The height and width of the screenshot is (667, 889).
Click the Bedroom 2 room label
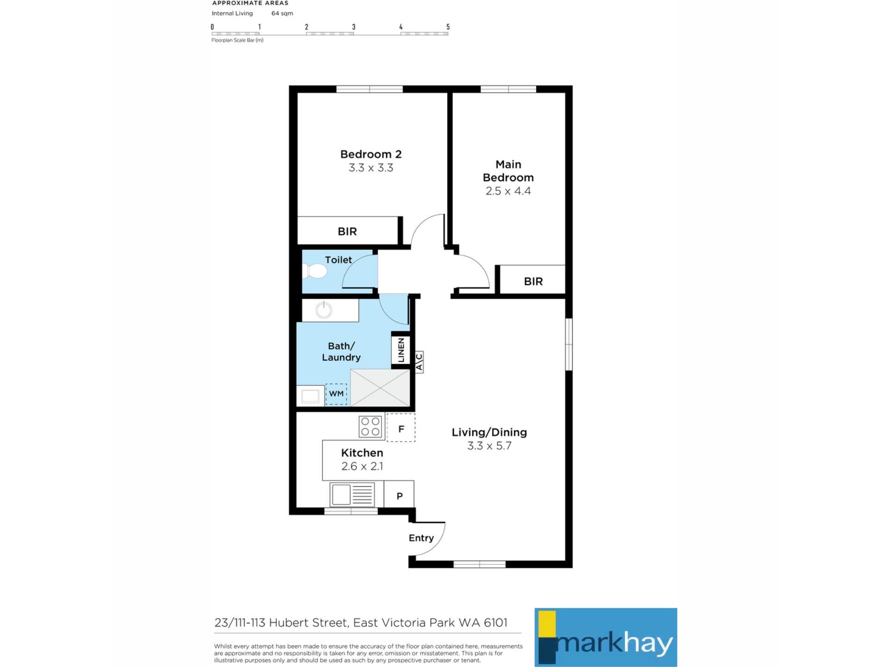tap(371, 154)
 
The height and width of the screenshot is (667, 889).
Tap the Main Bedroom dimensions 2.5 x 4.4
tap(508, 191)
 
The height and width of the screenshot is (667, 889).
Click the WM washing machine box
tap(336, 394)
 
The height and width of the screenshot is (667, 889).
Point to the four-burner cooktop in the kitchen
tap(370, 427)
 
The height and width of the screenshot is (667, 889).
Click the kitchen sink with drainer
tap(352, 495)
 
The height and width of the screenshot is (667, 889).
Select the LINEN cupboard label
tap(401, 350)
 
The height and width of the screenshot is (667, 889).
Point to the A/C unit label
tap(419, 362)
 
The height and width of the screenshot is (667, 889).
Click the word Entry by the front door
tap(421, 538)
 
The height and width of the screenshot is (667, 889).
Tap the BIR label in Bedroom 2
tap(347, 232)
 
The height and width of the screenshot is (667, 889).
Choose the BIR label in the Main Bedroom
tap(533, 281)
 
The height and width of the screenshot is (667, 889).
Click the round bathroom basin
tap(324, 310)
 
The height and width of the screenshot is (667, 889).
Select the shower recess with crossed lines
tap(380, 388)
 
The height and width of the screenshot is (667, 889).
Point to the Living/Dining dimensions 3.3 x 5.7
tap(489, 446)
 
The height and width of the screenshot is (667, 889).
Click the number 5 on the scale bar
tap(448, 27)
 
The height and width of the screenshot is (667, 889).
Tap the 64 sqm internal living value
tap(282, 13)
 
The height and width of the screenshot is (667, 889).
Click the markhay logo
tap(606, 637)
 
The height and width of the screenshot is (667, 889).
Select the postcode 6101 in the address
tap(495, 623)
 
